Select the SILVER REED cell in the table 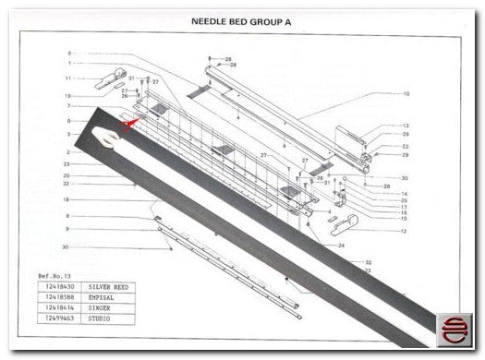click(x=109, y=287)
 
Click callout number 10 click(x=406, y=93)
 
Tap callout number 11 click(x=67, y=78)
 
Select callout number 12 click(x=404, y=231)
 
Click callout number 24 click(x=341, y=246)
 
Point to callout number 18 click(x=67, y=199)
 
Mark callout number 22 click(x=405, y=146)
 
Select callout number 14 click(x=404, y=193)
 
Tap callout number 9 click(x=67, y=229)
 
